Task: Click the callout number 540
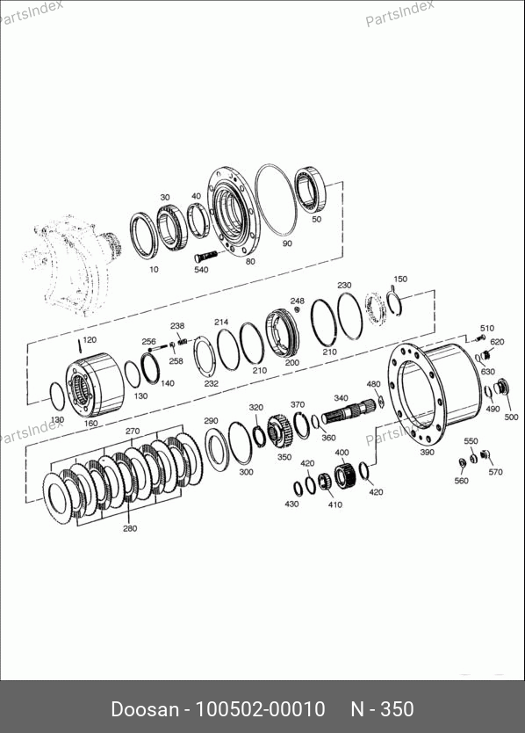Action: pos(201,270)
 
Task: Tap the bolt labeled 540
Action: pos(206,256)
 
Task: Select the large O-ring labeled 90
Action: pos(276,200)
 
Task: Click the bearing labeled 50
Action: pos(310,189)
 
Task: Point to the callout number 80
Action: pos(250,261)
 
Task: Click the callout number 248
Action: pos(297,301)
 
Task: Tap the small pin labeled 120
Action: pos(80,346)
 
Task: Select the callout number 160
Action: pos(90,423)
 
